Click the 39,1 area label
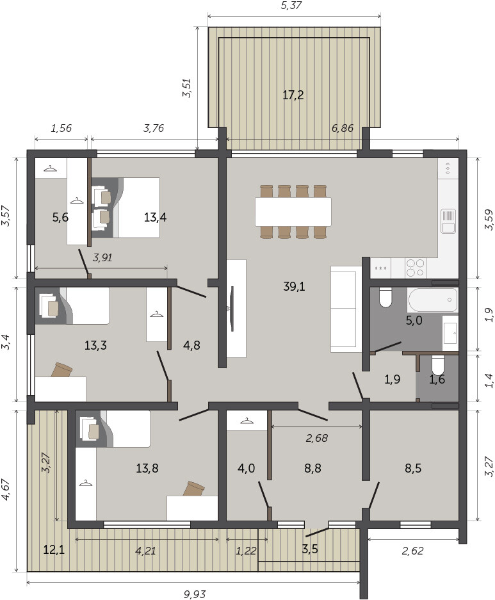[x=294, y=286]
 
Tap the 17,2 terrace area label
[x=293, y=95]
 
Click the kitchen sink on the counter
[x=448, y=221]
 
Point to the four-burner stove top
[x=416, y=268]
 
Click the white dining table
[x=293, y=211]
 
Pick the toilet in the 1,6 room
[x=437, y=366]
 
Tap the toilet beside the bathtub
[x=385, y=298]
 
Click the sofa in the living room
[x=346, y=309]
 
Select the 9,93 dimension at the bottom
[x=195, y=594]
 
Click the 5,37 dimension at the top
[x=291, y=5]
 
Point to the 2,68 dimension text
[x=317, y=438]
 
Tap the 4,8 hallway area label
[x=191, y=345]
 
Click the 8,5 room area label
[x=413, y=468]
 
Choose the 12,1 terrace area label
[x=54, y=550]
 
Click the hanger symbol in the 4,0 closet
[x=247, y=421]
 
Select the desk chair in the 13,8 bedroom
[x=194, y=489]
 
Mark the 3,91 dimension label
[x=102, y=257]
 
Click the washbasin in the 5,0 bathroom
[x=450, y=333]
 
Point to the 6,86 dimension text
[x=343, y=128]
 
